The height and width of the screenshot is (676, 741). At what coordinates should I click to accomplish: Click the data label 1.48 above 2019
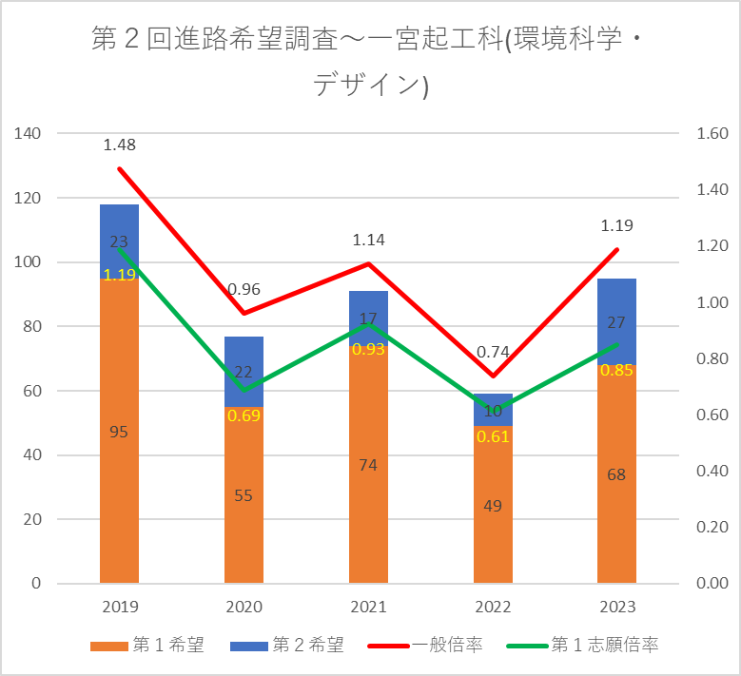(x=120, y=145)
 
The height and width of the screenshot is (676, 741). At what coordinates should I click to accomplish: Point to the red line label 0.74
(x=493, y=352)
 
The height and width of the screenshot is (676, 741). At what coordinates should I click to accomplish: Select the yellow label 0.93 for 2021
(x=368, y=349)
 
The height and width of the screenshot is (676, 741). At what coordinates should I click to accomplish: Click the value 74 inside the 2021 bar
(x=368, y=465)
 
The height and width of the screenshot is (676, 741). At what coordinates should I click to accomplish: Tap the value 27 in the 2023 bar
(x=616, y=322)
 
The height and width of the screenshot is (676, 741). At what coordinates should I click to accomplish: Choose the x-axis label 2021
(x=368, y=608)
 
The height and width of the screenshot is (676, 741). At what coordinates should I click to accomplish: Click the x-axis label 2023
(x=616, y=608)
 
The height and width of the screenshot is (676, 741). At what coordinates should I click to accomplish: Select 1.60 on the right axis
(x=712, y=134)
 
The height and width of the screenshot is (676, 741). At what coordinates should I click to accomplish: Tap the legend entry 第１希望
(x=160, y=646)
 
